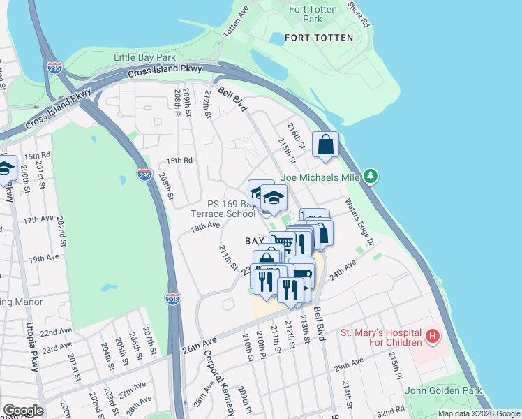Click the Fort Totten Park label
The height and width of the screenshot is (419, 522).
313,15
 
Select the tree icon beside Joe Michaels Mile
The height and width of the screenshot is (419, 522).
372,177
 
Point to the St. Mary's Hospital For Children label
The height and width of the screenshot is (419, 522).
380,337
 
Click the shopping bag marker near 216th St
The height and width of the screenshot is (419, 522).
325,145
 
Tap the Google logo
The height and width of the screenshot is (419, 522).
22,410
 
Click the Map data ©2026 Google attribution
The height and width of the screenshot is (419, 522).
479,413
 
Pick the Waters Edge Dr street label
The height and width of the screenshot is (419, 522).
361,223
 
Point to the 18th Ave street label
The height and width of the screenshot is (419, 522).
205,227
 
